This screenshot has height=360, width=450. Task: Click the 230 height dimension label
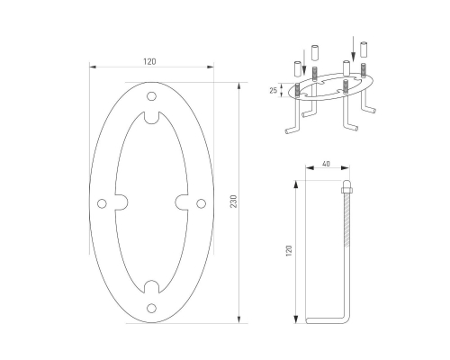tap(234, 202)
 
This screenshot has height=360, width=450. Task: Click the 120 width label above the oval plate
tap(149, 62)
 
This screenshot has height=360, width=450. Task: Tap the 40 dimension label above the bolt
tap(326, 164)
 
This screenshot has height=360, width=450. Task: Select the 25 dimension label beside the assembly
tap(273, 90)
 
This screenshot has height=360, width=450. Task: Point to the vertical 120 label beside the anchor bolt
tap(289, 251)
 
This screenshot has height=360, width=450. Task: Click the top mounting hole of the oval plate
tap(151, 96)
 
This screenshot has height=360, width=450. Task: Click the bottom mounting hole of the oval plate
tap(151, 308)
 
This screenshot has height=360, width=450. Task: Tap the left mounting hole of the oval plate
tap(102, 203)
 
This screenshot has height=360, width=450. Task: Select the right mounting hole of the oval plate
tap(201, 203)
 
